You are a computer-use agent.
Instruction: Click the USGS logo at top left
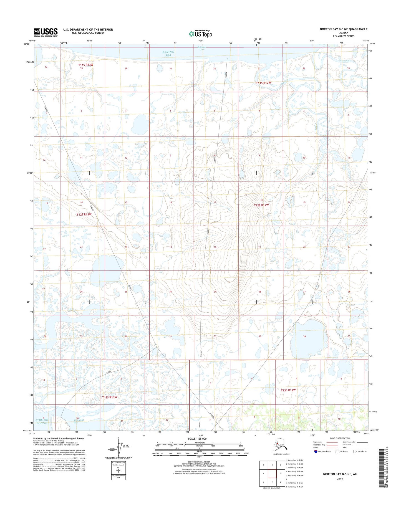point(46,32)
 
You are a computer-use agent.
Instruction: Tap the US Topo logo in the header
point(200,34)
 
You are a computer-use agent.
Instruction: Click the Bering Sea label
point(168,54)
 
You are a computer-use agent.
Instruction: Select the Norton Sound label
point(42,421)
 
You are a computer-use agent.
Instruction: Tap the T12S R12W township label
point(261,205)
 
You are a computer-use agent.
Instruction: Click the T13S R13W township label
point(110,397)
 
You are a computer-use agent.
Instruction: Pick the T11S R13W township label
point(85,65)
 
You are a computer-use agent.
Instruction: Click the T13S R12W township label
point(288,390)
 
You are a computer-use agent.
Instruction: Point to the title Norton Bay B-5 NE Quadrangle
point(343,29)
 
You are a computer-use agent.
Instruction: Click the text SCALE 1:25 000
point(197,439)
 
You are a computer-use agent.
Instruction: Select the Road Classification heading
point(340,438)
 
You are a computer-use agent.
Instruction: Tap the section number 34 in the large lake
point(304,337)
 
